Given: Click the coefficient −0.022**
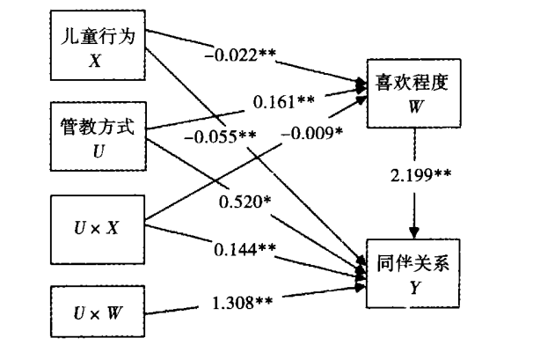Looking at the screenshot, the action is (240, 55).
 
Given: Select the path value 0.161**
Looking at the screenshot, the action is (284, 101).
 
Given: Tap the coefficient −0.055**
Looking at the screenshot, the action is (220, 136).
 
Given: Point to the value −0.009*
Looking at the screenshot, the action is (312, 133).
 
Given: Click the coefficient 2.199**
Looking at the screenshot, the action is (420, 175).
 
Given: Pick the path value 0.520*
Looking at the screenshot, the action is (245, 202).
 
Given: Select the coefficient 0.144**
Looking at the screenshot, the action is (245, 249).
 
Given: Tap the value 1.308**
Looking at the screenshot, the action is (242, 303).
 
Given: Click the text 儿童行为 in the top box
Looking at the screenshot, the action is (98, 36).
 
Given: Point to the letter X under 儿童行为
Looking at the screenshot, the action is (96, 62).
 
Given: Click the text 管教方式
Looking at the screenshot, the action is (98, 127).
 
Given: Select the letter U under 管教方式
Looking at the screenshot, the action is (99, 151).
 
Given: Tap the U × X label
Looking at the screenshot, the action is (97, 228).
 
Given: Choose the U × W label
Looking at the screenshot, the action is (98, 312).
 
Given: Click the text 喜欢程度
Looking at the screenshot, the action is (412, 83).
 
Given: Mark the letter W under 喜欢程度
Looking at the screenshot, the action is (416, 107).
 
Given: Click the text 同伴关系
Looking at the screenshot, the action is (413, 263).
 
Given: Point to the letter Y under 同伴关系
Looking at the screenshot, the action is (415, 288).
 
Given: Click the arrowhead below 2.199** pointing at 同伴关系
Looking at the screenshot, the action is (414, 232).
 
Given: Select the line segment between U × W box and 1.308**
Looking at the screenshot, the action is (172, 311).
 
